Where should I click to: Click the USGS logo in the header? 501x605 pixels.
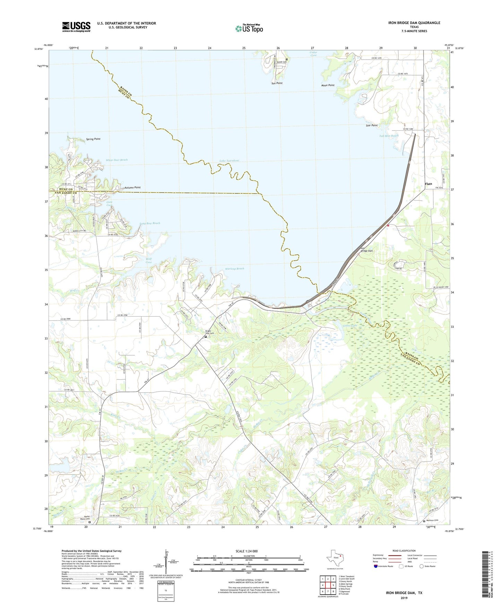76,27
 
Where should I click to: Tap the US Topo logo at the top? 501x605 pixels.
249,28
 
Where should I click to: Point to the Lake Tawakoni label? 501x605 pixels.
229,161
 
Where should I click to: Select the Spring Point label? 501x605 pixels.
93,139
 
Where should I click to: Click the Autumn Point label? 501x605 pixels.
132,187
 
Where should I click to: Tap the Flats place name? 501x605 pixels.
429,184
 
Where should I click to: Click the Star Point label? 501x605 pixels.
372,125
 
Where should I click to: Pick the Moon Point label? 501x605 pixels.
328,85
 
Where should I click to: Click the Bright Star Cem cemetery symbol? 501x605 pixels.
206,336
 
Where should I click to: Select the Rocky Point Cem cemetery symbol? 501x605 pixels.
89,522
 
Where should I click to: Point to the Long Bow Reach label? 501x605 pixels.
150,223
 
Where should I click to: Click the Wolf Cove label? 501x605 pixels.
148,260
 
